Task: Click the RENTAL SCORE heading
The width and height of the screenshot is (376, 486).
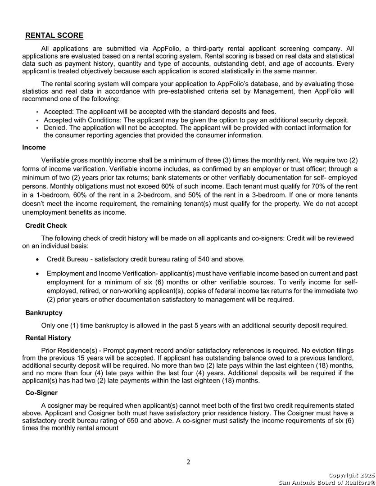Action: pyautogui.click(x=54, y=36)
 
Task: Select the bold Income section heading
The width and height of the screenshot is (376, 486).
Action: pyautogui.click(x=34, y=147)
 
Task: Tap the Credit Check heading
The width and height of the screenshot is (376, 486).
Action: pyautogui.click(x=46, y=225)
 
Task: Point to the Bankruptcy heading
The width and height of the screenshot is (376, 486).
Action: pyautogui.click(x=44, y=312)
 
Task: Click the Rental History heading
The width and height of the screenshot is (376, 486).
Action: pyautogui.click(x=48, y=337)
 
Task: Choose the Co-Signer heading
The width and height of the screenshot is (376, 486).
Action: pyautogui.click(x=41, y=393)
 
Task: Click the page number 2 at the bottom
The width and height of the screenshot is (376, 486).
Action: pyautogui.click(x=188, y=462)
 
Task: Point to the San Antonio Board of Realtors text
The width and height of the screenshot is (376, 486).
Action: pyautogui.click(x=326, y=482)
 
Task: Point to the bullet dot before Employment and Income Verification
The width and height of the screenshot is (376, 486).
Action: pyautogui.click(x=37, y=274)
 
